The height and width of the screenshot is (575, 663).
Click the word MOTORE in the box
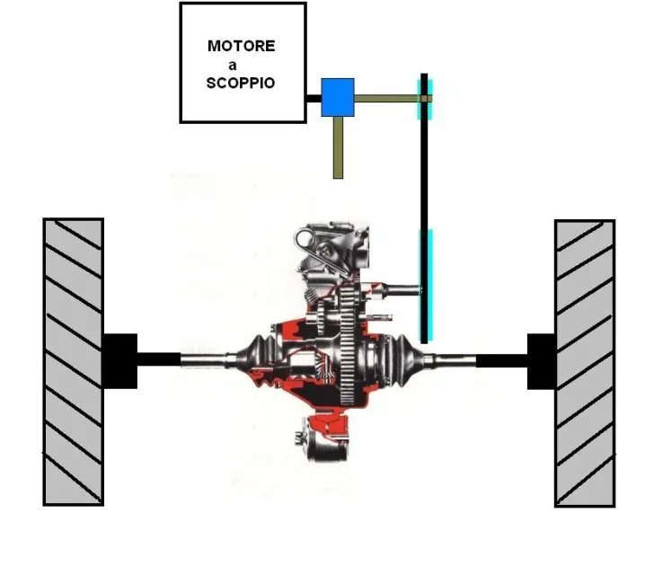pos(241,46)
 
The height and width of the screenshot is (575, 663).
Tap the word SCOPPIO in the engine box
pos(241,83)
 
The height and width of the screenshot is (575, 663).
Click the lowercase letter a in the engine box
pos(232,66)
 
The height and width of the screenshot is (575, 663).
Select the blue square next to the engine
pos(338,97)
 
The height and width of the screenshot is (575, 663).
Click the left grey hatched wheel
pos(74,362)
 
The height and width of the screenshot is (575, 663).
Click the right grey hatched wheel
pos(585,363)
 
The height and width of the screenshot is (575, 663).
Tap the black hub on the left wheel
pos(120,361)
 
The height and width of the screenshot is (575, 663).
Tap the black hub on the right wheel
pos(541,361)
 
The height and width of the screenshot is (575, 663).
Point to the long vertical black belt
pos(424,208)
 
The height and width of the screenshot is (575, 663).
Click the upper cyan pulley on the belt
pos(425,99)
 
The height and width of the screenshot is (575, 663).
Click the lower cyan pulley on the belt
pos(425,285)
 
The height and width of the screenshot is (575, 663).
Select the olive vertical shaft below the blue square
pos(338,147)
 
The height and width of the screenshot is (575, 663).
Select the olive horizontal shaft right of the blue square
pos(393,99)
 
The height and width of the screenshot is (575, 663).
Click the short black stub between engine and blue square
pos(314,99)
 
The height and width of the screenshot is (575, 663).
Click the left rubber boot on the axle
pos(254,358)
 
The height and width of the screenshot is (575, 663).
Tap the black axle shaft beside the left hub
pos(159,359)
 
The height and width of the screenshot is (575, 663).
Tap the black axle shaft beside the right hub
pos(502,360)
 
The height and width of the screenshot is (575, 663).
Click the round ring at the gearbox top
pos(305,239)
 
